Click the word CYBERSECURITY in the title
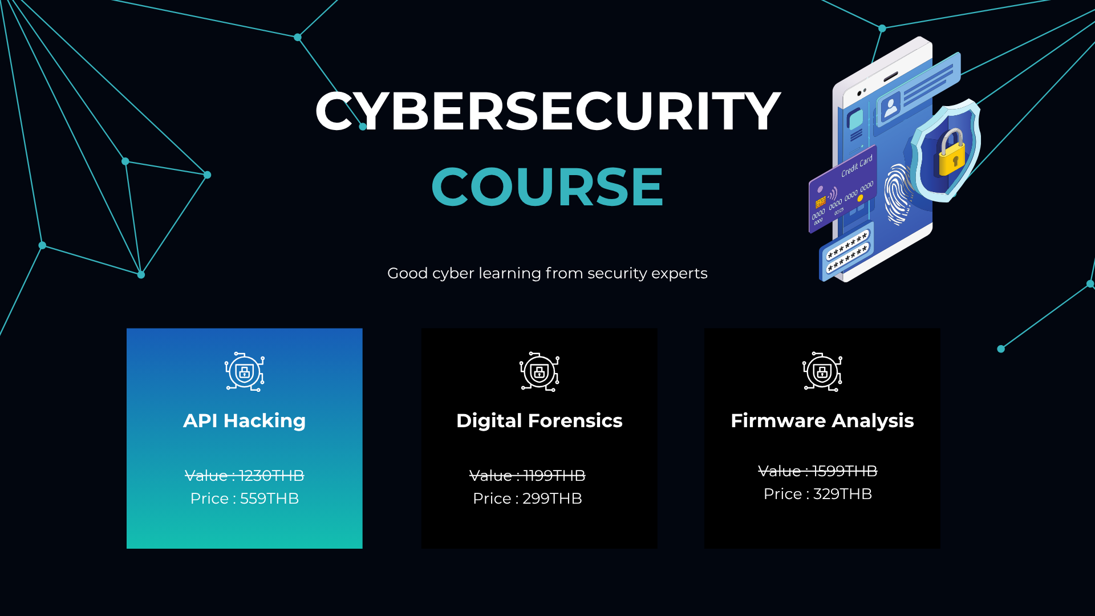[x=547, y=111]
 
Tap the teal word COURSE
[x=547, y=187]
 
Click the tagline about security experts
[x=547, y=273]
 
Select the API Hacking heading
[x=245, y=421]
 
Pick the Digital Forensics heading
[x=540, y=421]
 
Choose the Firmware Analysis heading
[x=822, y=421]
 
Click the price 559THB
[x=269, y=499]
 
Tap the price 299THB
[x=552, y=499]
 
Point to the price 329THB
[x=842, y=494]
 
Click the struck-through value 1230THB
[x=271, y=476]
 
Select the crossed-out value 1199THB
[x=554, y=476]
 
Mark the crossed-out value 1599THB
[x=845, y=471]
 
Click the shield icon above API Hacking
[x=245, y=372]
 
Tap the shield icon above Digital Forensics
[x=540, y=372]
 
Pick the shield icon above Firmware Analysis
[x=822, y=372]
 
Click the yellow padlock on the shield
[x=952, y=152]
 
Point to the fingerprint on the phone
[x=898, y=194]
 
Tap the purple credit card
[x=843, y=189]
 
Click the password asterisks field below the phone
[x=847, y=252]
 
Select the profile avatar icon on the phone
[x=890, y=106]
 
